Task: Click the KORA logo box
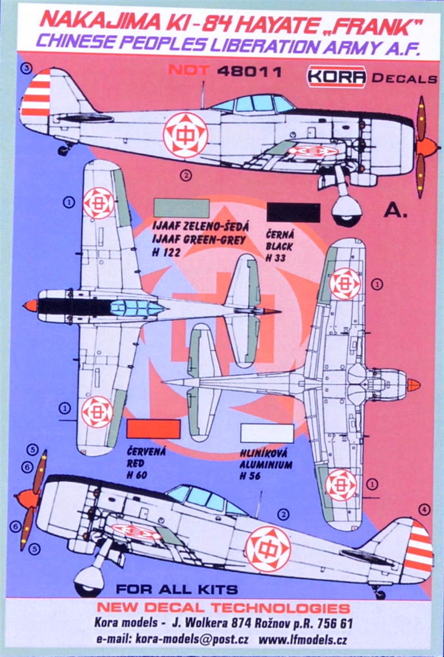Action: [x=336, y=77]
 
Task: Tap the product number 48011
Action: [x=249, y=71]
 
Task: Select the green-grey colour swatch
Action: [x=181, y=208]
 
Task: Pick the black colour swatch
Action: [x=293, y=213]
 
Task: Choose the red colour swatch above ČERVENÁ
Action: [x=153, y=429]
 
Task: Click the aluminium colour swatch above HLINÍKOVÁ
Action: [x=267, y=433]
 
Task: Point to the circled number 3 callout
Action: [x=27, y=68]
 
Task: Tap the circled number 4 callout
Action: [x=424, y=510]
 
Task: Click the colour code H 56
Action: [x=251, y=476]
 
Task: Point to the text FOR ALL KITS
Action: [x=177, y=590]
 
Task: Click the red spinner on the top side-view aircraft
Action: [x=428, y=147]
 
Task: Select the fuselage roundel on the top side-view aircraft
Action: [x=185, y=135]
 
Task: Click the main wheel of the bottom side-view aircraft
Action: [x=89, y=581]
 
